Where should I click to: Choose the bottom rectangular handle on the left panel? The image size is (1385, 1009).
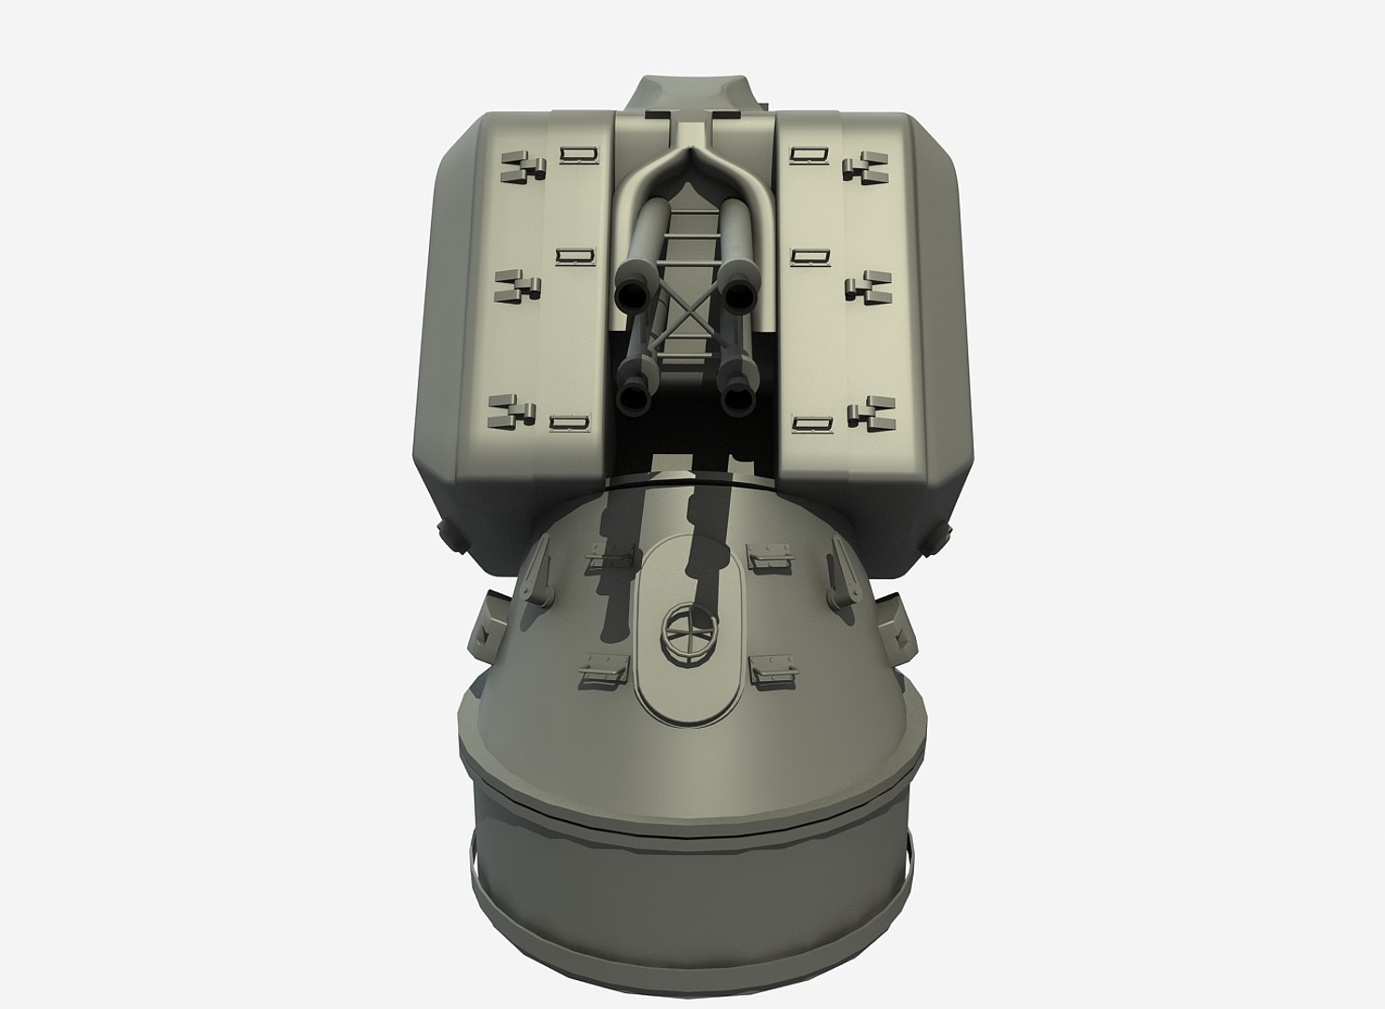pyautogui.click(x=570, y=422)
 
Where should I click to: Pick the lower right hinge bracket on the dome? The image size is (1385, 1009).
pyautogui.click(x=772, y=669)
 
